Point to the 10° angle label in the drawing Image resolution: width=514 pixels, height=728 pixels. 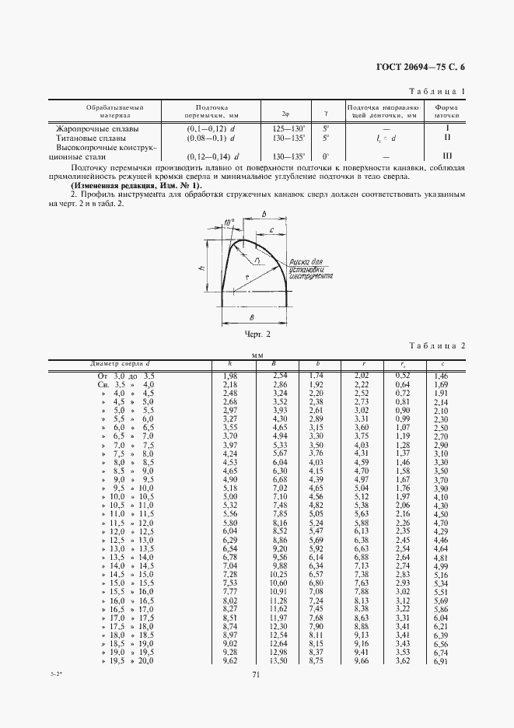point(228,223)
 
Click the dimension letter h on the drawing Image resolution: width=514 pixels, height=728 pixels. point(201,267)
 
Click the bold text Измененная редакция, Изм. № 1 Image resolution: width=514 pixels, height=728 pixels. point(135,186)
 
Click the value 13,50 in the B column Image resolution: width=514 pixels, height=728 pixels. point(278,661)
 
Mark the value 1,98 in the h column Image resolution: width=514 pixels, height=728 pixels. point(229,375)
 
